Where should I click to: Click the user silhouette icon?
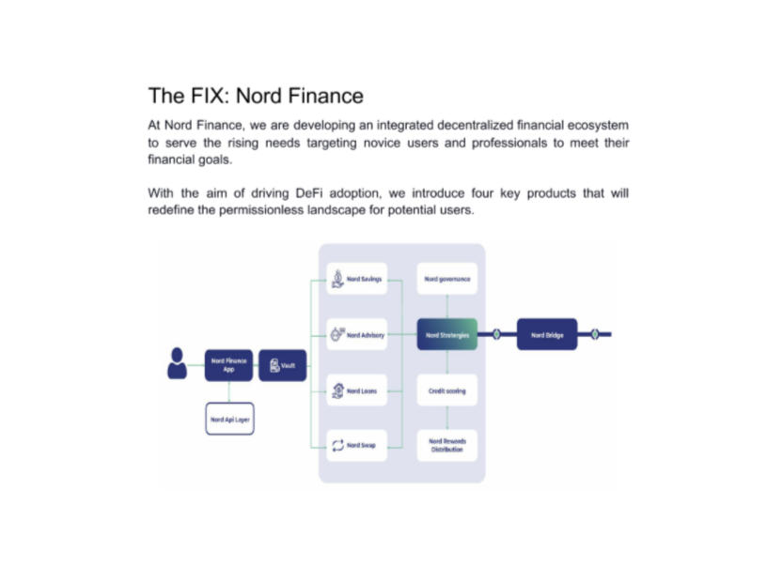[177, 363]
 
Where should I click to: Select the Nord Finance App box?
[229, 365]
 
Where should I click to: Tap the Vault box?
[282, 365]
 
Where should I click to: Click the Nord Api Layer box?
[229, 419]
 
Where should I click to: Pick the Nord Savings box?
[357, 280]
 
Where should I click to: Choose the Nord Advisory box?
[357, 334]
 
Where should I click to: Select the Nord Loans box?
[357, 390]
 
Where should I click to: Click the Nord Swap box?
[357, 445]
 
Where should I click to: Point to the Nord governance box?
[446, 280]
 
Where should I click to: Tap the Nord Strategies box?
[446, 334]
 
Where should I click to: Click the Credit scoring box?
[446, 390]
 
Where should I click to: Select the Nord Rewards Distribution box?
[446, 445]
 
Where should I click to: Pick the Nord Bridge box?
[547, 334]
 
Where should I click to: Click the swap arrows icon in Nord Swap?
[338, 445]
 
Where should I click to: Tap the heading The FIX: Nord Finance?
[256, 96]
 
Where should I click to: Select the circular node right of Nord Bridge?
[596, 334]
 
